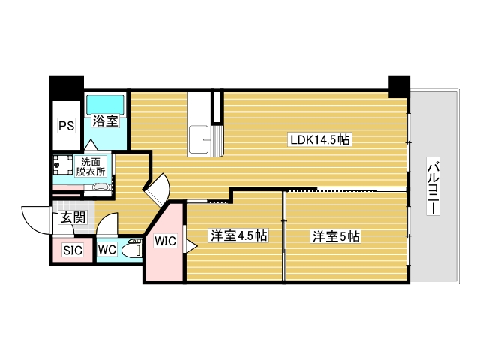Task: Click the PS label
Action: pos(67,126)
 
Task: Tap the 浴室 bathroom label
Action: pos(104,121)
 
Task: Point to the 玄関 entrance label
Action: pos(73,218)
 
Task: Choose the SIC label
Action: pos(72,250)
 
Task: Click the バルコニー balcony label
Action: pos(433,187)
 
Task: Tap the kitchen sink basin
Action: pos(201,139)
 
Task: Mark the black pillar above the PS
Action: pos(65,86)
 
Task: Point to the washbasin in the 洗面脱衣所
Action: pos(103,185)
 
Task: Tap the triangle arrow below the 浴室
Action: pos(91,144)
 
